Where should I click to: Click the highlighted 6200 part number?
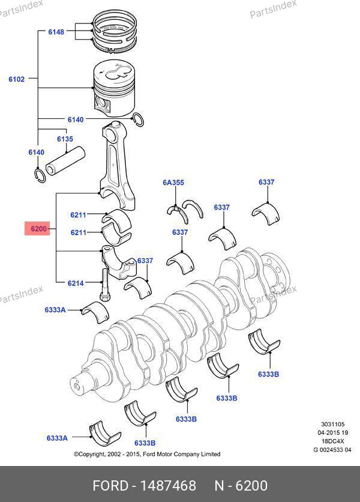tap(37, 229)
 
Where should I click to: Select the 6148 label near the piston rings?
tap(56, 31)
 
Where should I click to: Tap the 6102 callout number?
tap(17, 79)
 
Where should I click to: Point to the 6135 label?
tap(65, 139)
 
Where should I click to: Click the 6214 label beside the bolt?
tap(76, 282)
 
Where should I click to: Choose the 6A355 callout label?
tap(173, 182)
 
